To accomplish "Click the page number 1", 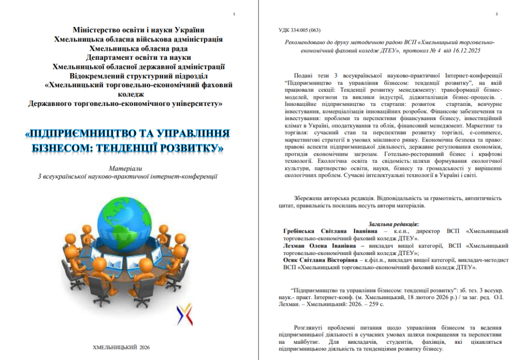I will (x=233, y=14).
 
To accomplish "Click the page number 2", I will (x=497, y=14).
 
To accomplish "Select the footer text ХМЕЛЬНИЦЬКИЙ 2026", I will (x=122, y=347).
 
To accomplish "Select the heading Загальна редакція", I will (x=393, y=224).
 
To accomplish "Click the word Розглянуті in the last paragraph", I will (x=310, y=328).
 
